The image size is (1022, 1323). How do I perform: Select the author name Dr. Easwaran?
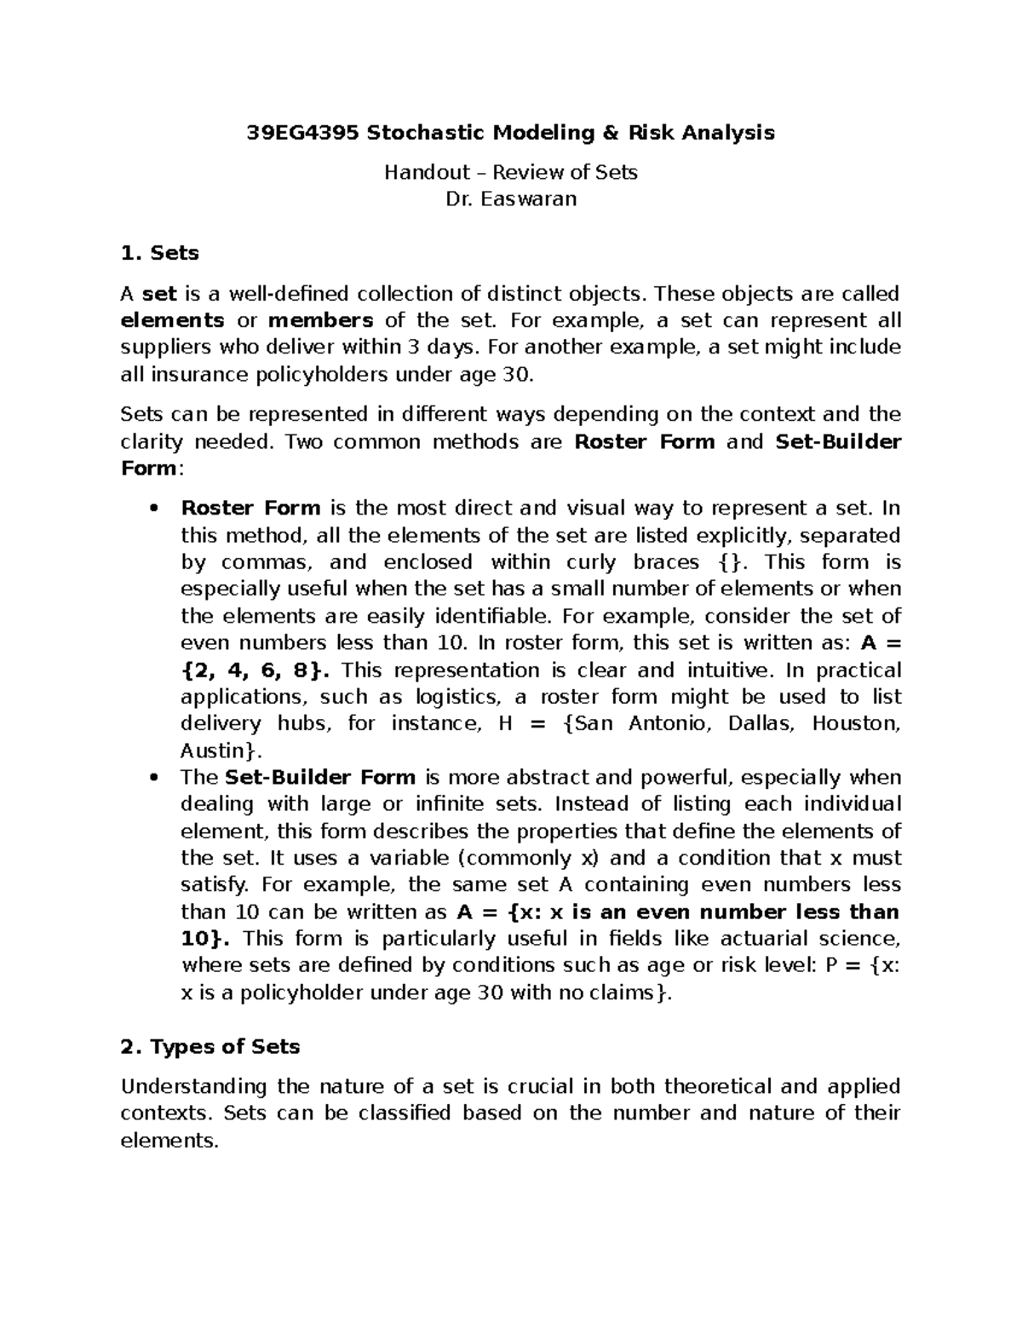pyautogui.click(x=511, y=199)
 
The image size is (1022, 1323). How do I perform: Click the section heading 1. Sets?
pyautogui.click(x=160, y=253)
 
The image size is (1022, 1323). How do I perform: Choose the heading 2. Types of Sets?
pyautogui.click(x=210, y=1046)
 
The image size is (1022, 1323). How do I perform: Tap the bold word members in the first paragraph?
pyautogui.click(x=321, y=320)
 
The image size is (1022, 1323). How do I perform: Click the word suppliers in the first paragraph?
pyautogui.click(x=164, y=348)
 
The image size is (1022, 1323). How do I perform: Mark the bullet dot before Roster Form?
pyautogui.click(x=154, y=509)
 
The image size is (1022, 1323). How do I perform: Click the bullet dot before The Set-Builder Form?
pyautogui.click(x=154, y=778)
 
